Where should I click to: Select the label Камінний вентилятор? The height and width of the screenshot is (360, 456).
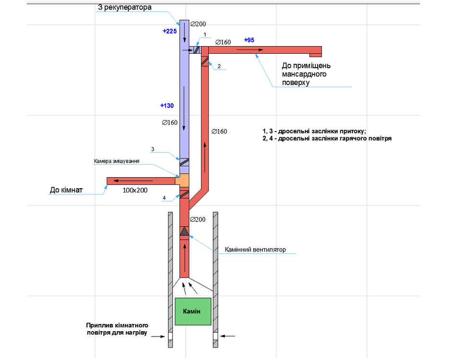pyautogui.click(x=255, y=250)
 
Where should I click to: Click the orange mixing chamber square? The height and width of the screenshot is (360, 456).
pyautogui.click(x=185, y=181)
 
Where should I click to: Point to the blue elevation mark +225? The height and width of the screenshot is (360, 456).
pyautogui.click(x=170, y=31)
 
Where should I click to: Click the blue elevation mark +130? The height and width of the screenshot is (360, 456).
pyautogui.click(x=167, y=106)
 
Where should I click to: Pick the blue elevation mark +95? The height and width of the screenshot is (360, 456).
pyautogui.click(x=249, y=40)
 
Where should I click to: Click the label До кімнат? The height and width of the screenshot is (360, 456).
pyautogui.click(x=66, y=190)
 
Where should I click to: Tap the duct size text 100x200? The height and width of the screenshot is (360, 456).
pyautogui.click(x=135, y=191)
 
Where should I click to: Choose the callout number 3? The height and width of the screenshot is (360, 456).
pyautogui.click(x=152, y=149)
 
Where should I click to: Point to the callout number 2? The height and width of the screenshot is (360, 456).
pyautogui.click(x=219, y=66)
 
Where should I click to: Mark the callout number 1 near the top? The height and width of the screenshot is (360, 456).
pyautogui.click(x=205, y=35)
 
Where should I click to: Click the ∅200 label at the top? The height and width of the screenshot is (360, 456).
pyautogui.click(x=197, y=24)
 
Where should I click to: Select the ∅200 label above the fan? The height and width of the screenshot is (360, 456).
pyautogui.click(x=198, y=219)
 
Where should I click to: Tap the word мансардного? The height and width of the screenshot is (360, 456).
pyautogui.click(x=304, y=74)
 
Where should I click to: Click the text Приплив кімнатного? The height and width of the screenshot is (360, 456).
pyautogui.click(x=117, y=325)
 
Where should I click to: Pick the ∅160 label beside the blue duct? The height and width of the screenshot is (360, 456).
pyautogui.click(x=170, y=123)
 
